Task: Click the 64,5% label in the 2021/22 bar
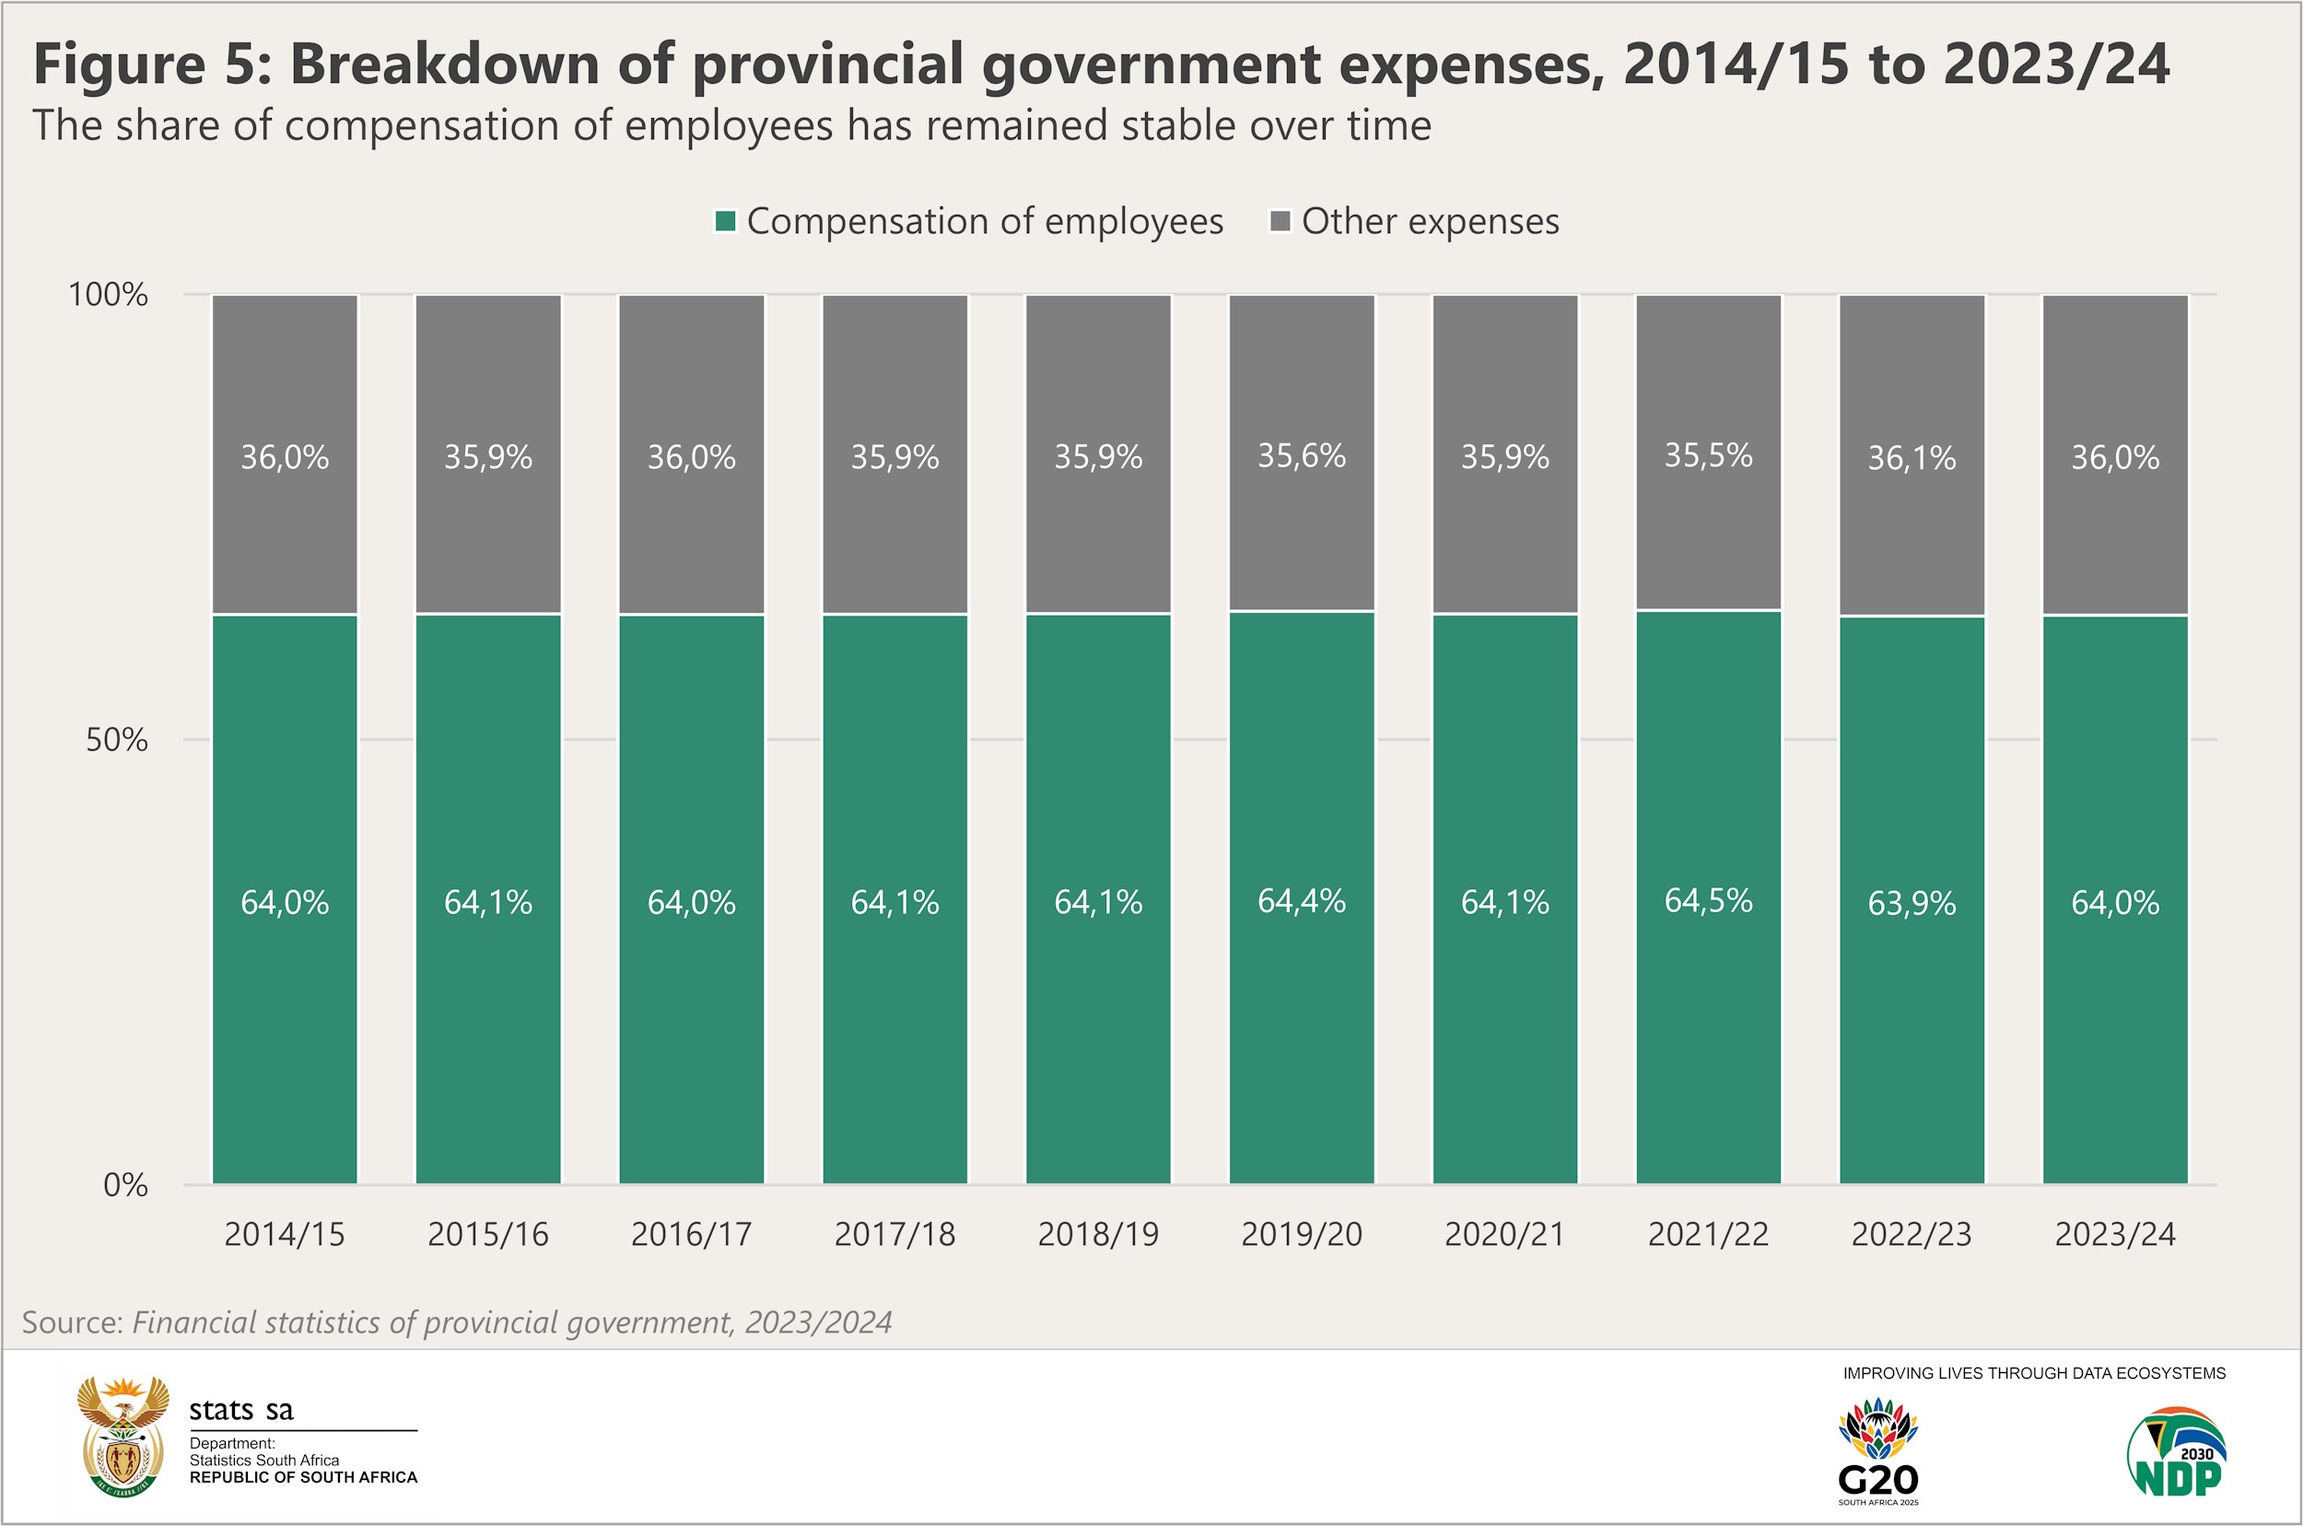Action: click(1708, 900)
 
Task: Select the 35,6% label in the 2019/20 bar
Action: click(1301, 455)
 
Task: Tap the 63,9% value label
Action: click(1911, 903)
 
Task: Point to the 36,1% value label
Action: click(1911, 457)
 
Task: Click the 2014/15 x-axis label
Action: click(284, 1234)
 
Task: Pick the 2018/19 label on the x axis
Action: click(1097, 1234)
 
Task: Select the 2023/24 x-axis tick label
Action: click(2114, 1234)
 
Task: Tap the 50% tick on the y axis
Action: click(117, 740)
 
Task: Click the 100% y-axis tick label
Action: click(107, 294)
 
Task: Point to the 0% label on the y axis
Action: click(125, 1184)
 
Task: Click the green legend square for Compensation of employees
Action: click(725, 221)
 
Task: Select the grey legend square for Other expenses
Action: click(1280, 221)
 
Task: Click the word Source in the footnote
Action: click(72, 1321)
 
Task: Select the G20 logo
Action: click(1877, 1450)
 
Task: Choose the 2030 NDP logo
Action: click(2178, 1450)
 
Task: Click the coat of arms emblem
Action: click(123, 1436)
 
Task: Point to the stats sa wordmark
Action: click(240, 1410)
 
